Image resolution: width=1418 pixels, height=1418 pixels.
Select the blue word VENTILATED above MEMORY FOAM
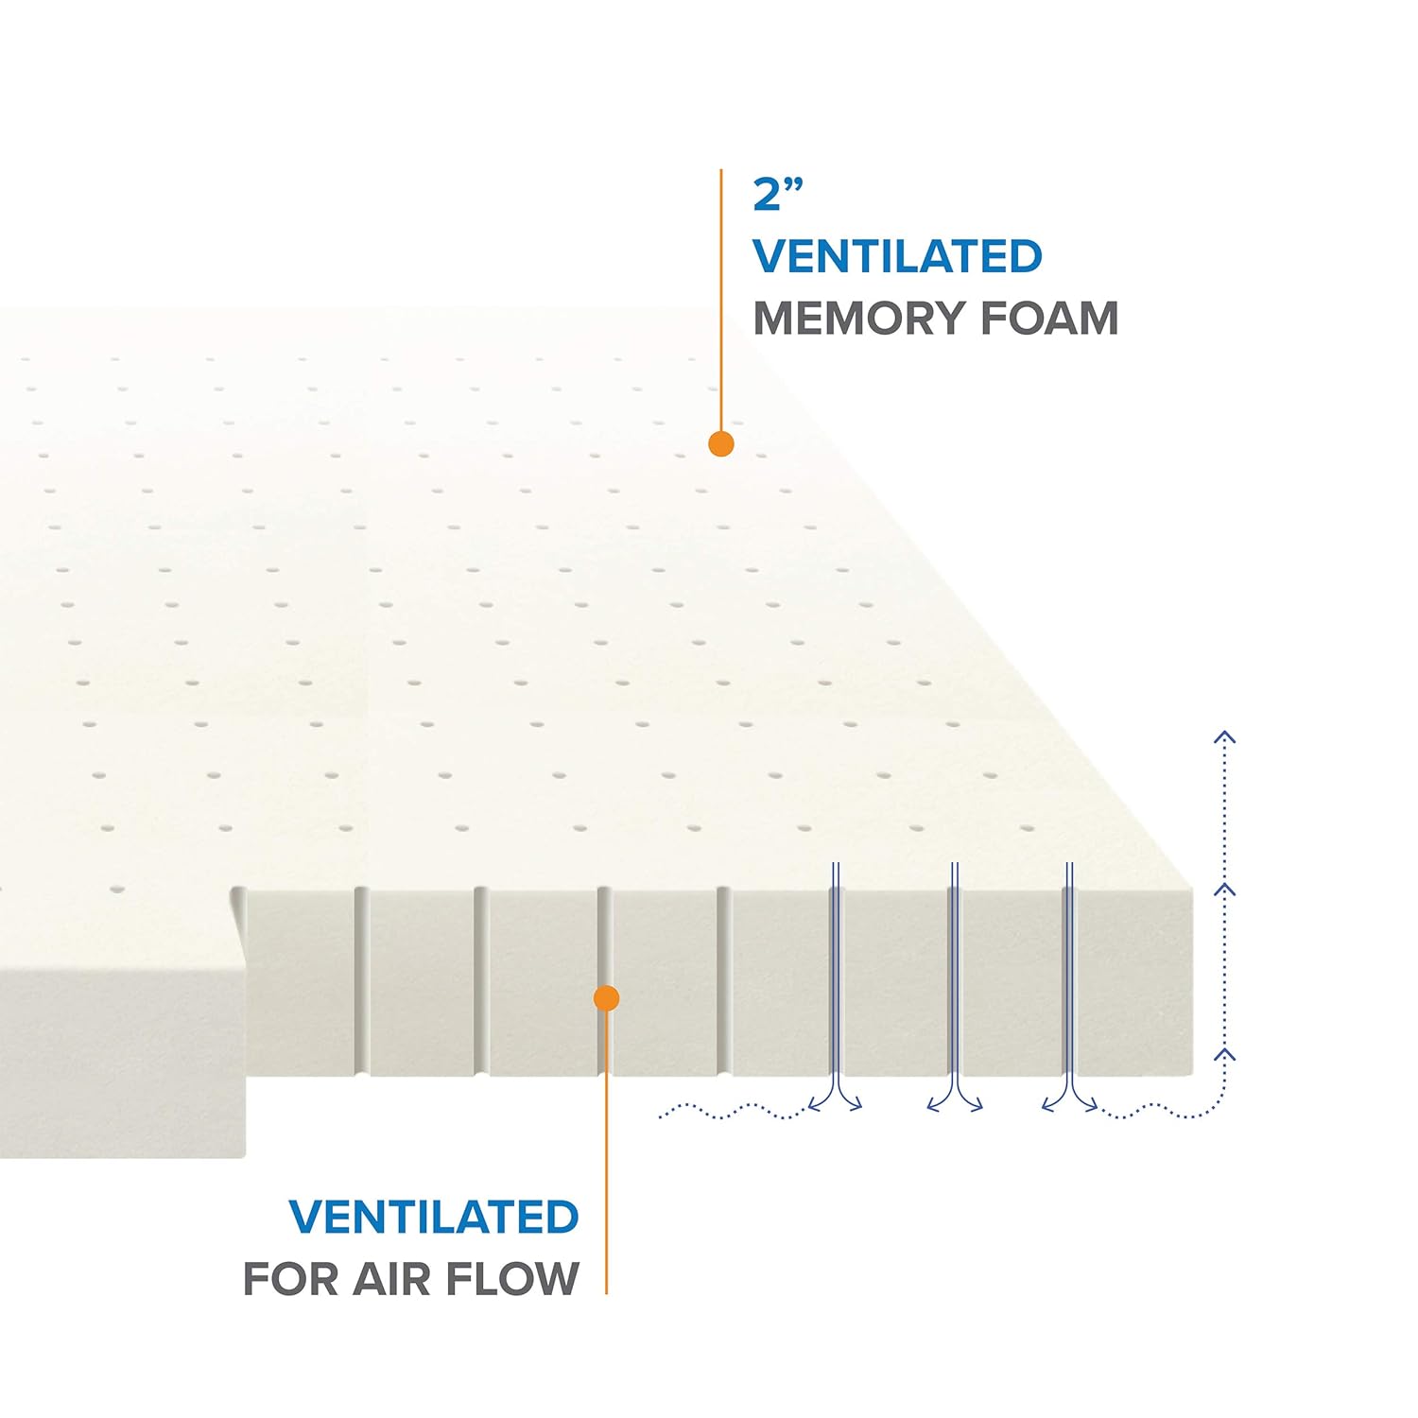pyautogui.click(x=897, y=256)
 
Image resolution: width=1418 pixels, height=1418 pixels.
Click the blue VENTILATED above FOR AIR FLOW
pyautogui.click(x=434, y=1217)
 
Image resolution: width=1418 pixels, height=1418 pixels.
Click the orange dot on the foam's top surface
pyautogui.click(x=721, y=443)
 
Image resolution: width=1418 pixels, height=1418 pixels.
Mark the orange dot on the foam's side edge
pyautogui.click(x=606, y=998)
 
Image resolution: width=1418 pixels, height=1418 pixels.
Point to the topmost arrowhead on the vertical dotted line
pyautogui.click(x=1225, y=737)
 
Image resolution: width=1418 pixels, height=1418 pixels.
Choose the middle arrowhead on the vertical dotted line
pyautogui.click(x=1225, y=890)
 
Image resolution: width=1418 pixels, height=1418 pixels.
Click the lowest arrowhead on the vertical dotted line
pyautogui.click(x=1225, y=1053)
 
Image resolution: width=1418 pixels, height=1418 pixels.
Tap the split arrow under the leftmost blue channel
pyautogui.click(x=836, y=1100)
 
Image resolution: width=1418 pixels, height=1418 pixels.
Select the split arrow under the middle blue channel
pyautogui.click(x=954, y=1100)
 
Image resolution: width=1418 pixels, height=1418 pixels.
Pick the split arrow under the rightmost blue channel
pyautogui.click(x=1070, y=1100)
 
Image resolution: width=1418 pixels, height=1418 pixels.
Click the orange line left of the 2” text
pyautogui.click(x=721, y=284)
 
